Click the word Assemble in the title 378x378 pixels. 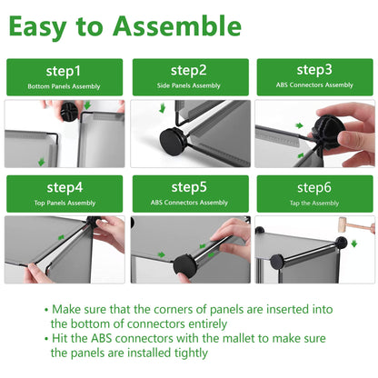[177, 26]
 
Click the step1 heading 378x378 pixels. [64, 72]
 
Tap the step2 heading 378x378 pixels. [188, 71]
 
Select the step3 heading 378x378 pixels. [314, 70]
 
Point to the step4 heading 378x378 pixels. [65, 188]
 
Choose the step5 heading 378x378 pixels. [189, 187]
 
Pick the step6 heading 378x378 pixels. [314, 188]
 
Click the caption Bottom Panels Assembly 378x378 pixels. [64, 86]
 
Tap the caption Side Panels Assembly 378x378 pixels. [188, 85]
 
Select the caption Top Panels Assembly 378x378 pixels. [65, 203]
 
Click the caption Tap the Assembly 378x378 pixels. [314, 204]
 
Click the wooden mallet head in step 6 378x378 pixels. [343, 224]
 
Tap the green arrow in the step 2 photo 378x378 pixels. [163, 107]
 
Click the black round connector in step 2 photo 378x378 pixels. [172, 142]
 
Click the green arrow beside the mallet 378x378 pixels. [354, 244]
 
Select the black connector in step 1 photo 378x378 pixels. [69, 111]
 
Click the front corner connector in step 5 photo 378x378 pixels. [185, 266]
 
